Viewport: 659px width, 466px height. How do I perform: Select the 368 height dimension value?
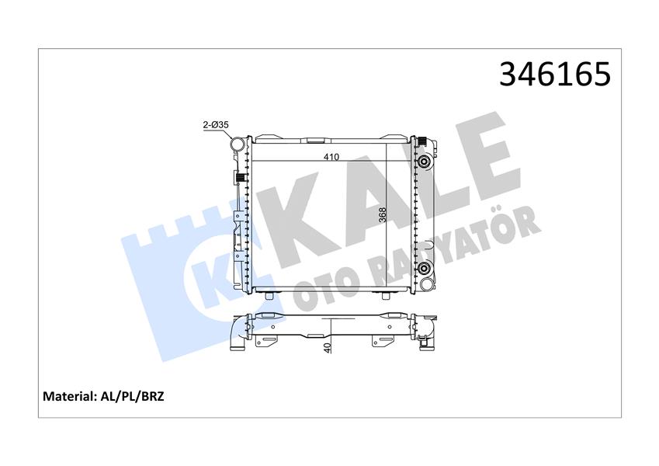coord(383,214)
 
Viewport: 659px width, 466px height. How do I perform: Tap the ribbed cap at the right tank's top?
coord(424,140)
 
